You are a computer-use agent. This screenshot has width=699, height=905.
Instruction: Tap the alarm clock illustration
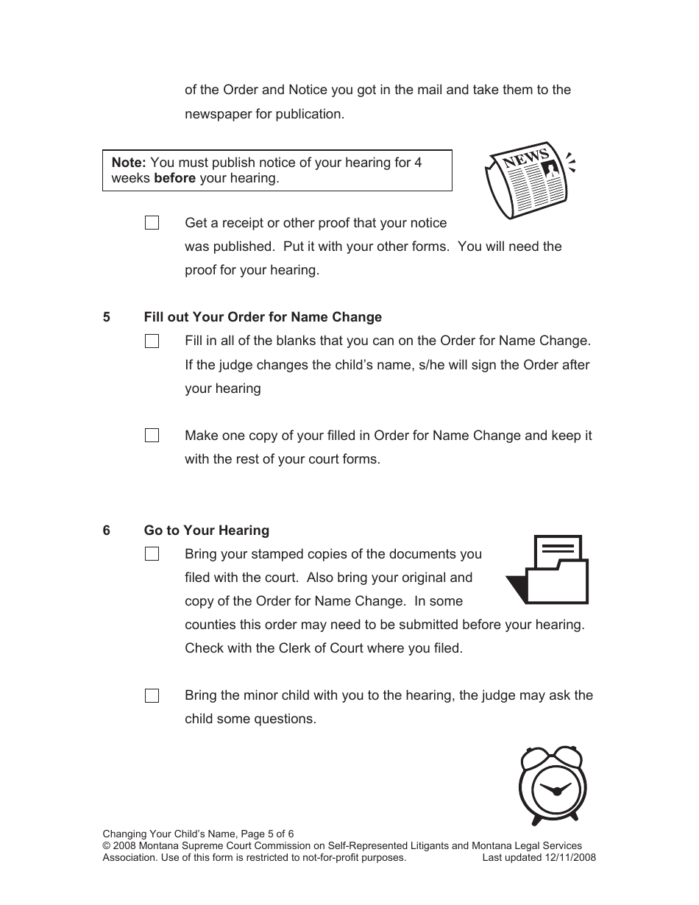click(x=556, y=786)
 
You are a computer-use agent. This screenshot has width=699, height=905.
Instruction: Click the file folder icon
click(x=548, y=570)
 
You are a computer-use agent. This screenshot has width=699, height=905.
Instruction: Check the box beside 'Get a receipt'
click(x=152, y=223)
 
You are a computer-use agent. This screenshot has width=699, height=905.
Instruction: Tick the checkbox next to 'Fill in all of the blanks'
click(x=152, y=341)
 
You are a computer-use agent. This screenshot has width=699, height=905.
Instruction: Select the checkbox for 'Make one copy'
click(x=152, y=436)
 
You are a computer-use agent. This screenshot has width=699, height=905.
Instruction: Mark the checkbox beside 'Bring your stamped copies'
click(x=152, y=554)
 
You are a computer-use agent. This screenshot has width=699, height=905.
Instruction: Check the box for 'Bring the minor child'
click(x=152, y=695)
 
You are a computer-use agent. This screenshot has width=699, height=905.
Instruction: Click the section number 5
click(x=107, y=317)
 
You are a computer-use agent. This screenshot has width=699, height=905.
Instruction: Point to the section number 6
click(x=107, y=530)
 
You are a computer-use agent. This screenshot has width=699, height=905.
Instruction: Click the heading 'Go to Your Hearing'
click(x=207, y=530)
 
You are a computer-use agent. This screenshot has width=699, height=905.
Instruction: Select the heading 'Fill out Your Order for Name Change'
click(x=263, y=317)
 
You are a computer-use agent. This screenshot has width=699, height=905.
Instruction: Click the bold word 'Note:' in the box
click(x=129, y=163)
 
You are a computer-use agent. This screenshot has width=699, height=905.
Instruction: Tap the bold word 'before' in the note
click(x=174, y=179)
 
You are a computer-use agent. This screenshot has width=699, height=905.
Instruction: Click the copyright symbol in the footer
click(x=106, y=846)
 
